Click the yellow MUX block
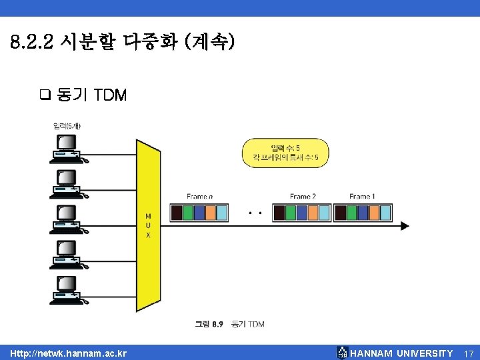[148, 225]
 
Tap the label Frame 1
[362, 197]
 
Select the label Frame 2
[303, 197]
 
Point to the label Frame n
[200, 197]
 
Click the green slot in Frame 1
[352, 213]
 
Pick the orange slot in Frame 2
[312, 213]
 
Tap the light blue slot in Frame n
[221, 213]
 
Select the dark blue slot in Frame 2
[301, 213]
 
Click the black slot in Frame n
[177, 213]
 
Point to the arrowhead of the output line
[405, 226]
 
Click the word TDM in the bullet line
[111, 95]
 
